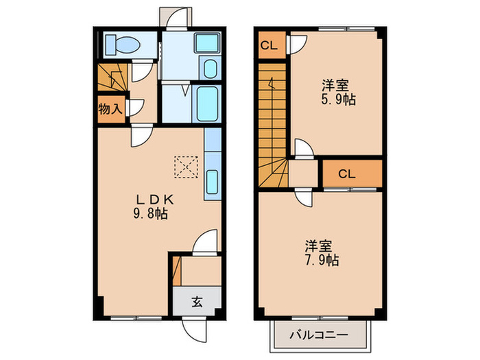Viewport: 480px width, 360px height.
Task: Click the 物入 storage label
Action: tap(110, 110)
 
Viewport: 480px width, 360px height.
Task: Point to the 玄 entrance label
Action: tap(196, 300)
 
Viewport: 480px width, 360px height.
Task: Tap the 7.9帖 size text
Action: tap(319, 261)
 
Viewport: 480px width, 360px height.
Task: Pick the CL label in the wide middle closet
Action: tap(346, 173)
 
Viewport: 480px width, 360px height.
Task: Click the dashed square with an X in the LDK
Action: tap(185, 165)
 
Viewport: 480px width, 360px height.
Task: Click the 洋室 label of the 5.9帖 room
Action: tap(336, 86)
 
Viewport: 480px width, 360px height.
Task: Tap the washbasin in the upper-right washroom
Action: tap(206, 43)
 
